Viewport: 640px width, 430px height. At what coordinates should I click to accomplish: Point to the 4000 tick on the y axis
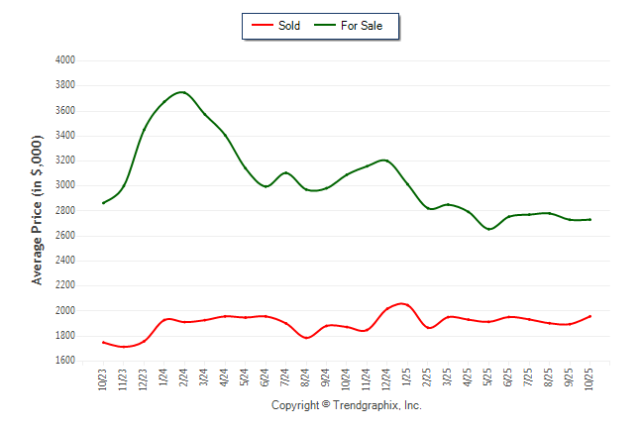pos(65,60)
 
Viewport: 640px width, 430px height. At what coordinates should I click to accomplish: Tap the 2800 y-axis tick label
pos(65,211)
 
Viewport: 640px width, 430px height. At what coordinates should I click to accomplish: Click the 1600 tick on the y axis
pos(65,362)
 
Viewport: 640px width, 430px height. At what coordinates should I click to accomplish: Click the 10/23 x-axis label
pos(103,379)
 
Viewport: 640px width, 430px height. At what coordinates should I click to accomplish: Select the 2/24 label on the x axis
pos(184,379)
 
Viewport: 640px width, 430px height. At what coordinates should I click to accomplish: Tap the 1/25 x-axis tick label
pos(407,379)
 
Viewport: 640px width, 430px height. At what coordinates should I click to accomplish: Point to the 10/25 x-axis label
pos(589,379)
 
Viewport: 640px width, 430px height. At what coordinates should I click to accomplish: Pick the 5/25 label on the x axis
pos(488,379)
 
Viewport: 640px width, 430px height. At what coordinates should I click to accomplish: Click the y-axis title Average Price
pos(38,211)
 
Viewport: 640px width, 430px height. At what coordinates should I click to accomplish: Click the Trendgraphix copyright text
pos(346,405)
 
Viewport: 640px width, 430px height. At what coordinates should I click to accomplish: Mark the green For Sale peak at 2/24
pos(182,92)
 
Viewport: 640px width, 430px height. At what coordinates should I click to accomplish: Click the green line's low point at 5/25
pos(488,229)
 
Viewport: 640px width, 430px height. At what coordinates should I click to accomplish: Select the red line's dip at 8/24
pos(306,338)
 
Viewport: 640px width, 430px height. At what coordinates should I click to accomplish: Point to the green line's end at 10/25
pos(589,219)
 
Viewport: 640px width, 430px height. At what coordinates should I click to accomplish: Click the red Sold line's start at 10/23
pos(103,342)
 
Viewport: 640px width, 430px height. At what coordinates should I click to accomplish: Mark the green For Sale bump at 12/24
pos(385,160)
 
